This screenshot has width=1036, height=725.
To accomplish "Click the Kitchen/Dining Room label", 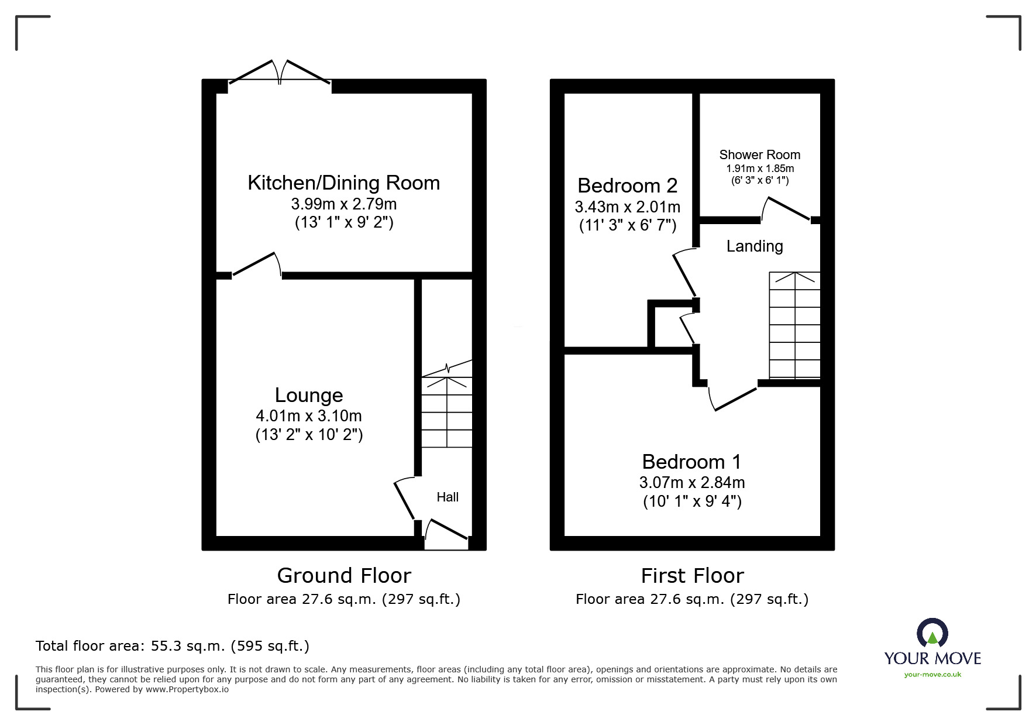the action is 344,183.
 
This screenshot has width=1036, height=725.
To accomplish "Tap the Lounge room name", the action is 309,396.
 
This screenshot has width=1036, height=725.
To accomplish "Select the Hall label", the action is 448,497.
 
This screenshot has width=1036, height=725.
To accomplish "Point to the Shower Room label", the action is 759,155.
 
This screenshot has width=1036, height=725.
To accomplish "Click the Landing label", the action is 755,246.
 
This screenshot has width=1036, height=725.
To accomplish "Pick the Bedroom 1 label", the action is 692,462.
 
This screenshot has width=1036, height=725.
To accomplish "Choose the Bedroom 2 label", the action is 628,186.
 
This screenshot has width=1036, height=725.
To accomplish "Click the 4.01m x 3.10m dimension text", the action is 309,416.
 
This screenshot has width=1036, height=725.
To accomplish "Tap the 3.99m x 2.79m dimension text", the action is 344,204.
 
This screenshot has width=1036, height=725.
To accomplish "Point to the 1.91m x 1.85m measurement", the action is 759,169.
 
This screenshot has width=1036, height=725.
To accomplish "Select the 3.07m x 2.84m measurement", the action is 692,483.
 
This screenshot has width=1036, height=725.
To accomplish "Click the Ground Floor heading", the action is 344,576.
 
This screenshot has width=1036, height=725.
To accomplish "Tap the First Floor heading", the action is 693,576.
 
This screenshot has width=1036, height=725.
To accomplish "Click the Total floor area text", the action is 173,646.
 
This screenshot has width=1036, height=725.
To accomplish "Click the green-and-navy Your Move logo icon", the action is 932,634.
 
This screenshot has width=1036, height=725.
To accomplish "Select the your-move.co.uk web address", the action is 932,675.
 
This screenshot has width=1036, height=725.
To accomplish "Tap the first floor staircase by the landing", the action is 794,325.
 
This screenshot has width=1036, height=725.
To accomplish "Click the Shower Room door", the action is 786,209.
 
